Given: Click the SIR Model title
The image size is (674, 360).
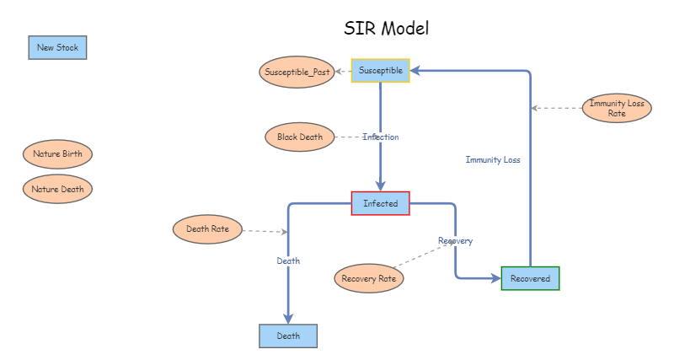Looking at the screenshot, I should click(x=387, y=28).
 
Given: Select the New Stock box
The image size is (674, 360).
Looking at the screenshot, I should click(x=57, y=48).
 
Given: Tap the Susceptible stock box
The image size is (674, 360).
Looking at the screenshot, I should click(x=380, y=71).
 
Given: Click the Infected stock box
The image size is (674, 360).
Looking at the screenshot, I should click(x=380, y=203).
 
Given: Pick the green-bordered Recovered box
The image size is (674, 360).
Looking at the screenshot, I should click(x=530, y=278).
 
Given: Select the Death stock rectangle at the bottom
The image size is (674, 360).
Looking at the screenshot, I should click(x=288, y=336).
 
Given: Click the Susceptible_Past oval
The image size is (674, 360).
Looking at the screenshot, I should click(x=297, y=72).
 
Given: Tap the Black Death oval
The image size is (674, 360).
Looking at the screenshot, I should click(x=299, y=137).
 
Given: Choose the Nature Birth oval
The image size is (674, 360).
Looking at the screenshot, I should click(x=57, y=154).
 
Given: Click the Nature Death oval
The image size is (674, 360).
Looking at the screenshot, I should click(x=57, y=189).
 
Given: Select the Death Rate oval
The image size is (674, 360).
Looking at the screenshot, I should click(x=208, y=228).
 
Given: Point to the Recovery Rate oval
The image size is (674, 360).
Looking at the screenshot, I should click(x=369, y=278).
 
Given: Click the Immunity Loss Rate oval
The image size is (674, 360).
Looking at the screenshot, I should click(x=617, y=108).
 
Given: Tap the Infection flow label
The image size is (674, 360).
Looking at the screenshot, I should click(x=381, y=137).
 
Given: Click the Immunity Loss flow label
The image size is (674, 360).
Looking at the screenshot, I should click(x=493, y=159).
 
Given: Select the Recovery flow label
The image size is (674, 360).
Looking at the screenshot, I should click(x=455, y=241).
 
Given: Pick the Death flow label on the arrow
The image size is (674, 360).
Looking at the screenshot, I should click(x=288, y=261).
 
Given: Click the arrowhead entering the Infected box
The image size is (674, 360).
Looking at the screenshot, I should click(x=380, y=186).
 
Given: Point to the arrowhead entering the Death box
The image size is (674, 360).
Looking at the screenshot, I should click(x=288, y=318).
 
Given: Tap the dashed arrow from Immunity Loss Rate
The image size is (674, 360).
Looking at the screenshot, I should click(x=556, y=108).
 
